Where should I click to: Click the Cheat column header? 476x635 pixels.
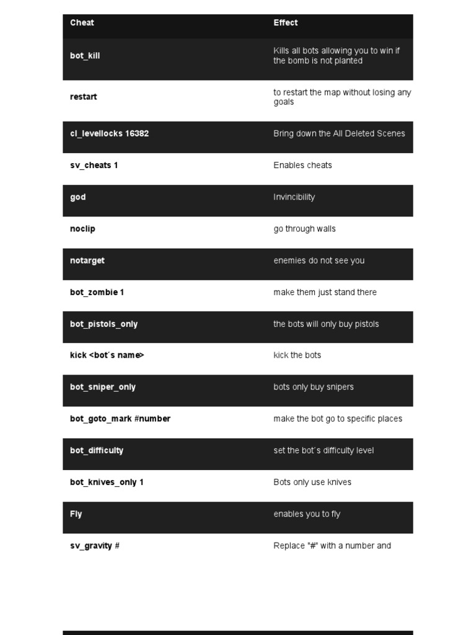(82, 23)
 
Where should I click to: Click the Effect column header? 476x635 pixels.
(285, 23)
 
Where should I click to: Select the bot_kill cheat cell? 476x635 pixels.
(85, 56)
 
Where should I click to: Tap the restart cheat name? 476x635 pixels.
(84, 97)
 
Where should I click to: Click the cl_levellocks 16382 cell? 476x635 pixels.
(109, 133)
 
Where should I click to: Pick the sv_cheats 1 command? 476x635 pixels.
(94, 166)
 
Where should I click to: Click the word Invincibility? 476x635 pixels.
(294, 197)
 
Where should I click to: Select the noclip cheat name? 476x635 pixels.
(82, 229)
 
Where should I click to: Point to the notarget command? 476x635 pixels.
(87, 260)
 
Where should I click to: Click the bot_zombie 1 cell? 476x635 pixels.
(97, 292)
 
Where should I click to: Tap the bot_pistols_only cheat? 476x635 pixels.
(104, 324)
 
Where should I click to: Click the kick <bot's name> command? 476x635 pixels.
(107, 355)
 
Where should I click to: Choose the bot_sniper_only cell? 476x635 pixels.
(102, 387)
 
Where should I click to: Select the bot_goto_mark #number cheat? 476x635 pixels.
(120, 419)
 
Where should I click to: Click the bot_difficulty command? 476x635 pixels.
(97, 450)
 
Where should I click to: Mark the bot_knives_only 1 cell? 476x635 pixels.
(107, 482)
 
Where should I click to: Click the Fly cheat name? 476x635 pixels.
(76, 514)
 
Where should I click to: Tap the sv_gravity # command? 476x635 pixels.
(94, 546)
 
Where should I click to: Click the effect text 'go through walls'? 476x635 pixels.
(304, 229)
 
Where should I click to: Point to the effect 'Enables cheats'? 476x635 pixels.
(302, 166)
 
